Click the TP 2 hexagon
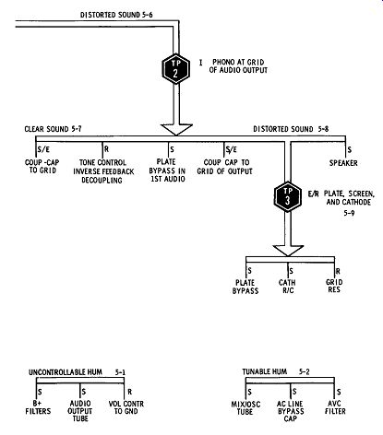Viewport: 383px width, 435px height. [175, 69]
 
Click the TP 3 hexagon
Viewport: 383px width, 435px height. [288, 196]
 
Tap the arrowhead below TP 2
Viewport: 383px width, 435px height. [176, 130]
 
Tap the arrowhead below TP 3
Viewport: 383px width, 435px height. [288, 251]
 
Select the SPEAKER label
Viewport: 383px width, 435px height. [343, 163]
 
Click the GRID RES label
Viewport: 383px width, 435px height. [334, 286]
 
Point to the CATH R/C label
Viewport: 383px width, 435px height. [287, 286]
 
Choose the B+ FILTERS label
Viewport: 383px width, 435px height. [38, 407]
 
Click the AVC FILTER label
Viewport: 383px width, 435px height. [335, 407]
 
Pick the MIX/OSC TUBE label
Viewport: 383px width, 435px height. [245, 407]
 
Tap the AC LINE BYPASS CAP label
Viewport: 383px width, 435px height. [291, 411]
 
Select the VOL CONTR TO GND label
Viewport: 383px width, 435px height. [126, 407]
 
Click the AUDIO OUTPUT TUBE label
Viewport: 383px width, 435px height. [80, 411]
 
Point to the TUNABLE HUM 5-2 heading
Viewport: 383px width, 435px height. [276, 371]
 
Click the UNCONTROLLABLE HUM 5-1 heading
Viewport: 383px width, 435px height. [77, 372]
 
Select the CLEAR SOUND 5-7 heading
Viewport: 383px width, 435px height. [54, 129]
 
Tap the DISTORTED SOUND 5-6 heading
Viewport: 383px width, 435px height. [116, 15]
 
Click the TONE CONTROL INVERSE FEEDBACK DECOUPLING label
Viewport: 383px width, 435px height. [103, 171]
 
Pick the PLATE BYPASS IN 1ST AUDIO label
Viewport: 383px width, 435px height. [167, 170]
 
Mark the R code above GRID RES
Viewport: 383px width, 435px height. [338, 271]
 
